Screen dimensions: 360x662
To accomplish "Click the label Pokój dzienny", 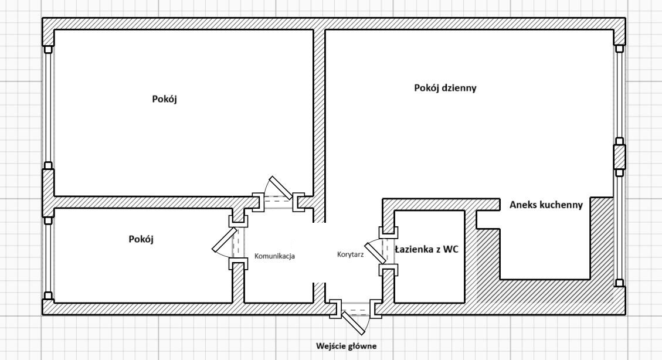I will click(x=445, y=88).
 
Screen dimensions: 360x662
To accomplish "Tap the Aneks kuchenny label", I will click(x=546, y=205).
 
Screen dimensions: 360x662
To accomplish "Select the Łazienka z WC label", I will click(x=426, y=249).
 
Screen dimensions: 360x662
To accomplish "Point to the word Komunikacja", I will click(x=274, y=256).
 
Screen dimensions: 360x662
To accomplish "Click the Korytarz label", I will click(x=351, y=254).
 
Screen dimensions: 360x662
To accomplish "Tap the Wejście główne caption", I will click(x=346, y=346).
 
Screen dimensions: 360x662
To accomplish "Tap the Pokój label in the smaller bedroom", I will click(x=141, y=239).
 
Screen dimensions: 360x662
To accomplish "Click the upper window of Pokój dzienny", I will click(x=619, y=94).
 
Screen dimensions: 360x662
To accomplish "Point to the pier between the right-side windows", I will click(x=619, y=156).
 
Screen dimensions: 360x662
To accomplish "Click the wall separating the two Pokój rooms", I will click(x=141, y=202).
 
